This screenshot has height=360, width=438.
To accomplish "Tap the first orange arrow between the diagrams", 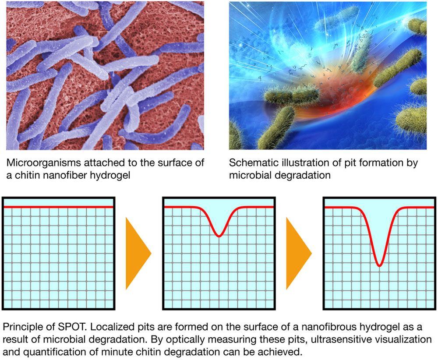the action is (x=138, y=253).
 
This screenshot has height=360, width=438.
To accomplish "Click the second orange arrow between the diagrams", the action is (x=299, y=253).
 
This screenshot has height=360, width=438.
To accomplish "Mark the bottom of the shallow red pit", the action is (x=219, y=236).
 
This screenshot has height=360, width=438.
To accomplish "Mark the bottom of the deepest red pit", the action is (x=379, y=265).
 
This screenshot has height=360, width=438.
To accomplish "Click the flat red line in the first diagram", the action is (x=58, y=207).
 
